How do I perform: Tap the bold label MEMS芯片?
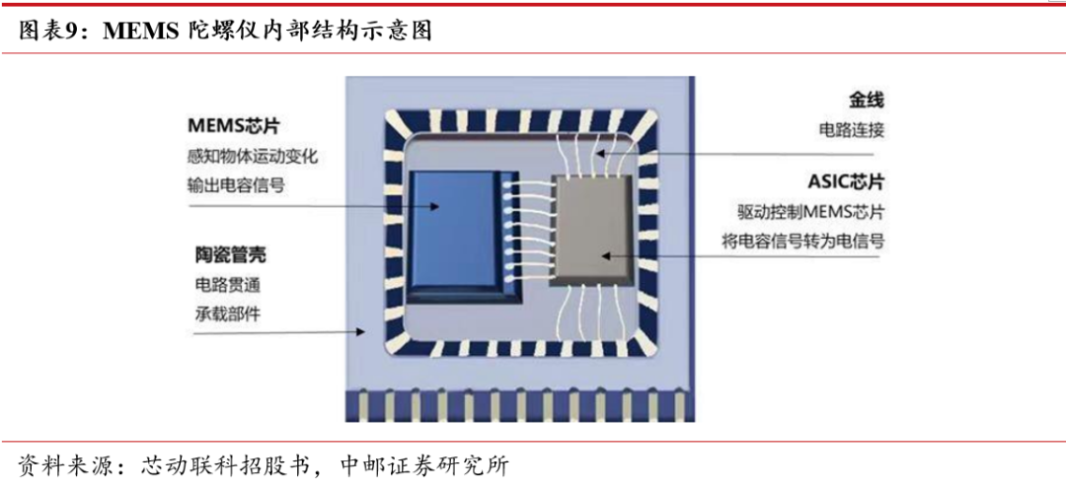tap(234, 127)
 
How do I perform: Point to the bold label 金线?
tap(865, 101)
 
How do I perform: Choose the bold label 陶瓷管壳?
tap(230, 255)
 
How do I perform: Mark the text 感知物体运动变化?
tap(252, 157)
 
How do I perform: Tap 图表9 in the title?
tap(48, 32)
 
